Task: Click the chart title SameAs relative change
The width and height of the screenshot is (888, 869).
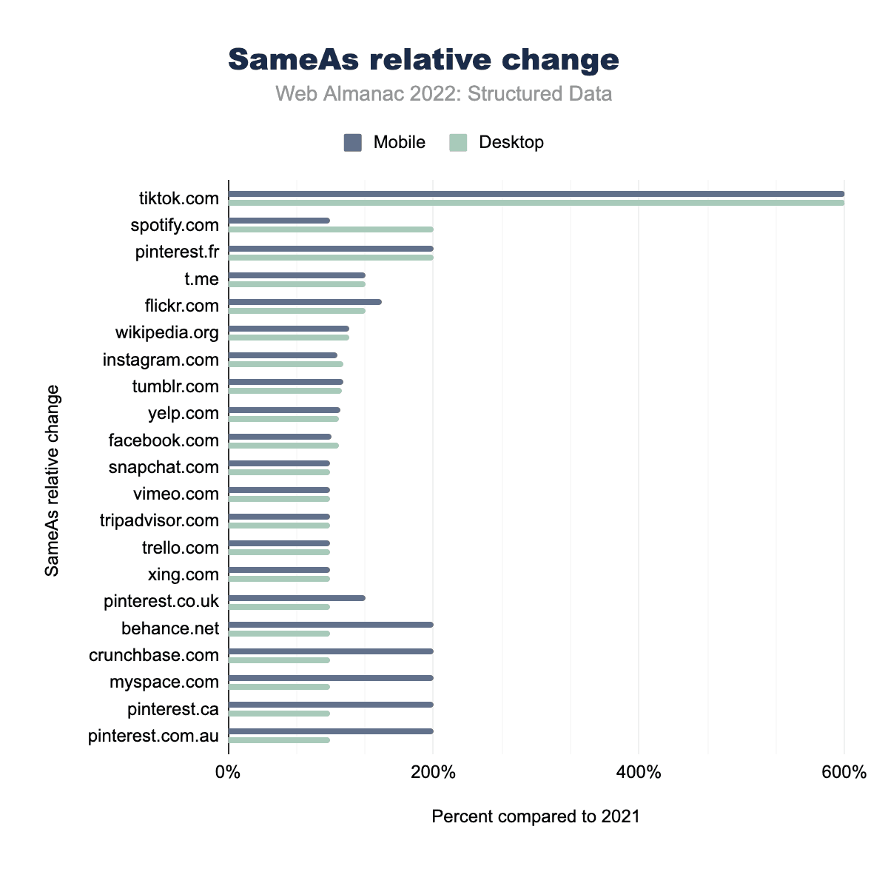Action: tap(423, 60)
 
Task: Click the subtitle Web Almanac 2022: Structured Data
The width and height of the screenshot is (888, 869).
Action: tap(443, 94)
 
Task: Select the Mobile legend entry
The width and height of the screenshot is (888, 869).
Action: tap(385, 142)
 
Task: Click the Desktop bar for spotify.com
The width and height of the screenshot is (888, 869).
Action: tap(331, 229)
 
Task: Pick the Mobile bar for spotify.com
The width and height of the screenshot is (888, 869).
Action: tap(279, 221)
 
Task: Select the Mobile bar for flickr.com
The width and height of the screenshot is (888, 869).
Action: tap(305, 301)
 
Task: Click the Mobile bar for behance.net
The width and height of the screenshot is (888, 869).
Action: tap(331, 625)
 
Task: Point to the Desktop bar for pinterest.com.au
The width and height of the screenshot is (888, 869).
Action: tap(279, 740)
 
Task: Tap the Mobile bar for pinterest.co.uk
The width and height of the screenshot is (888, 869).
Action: tap(297, 598)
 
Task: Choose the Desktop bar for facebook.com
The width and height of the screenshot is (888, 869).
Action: tap(283, 446)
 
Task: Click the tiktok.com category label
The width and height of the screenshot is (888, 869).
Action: tap(179, 198)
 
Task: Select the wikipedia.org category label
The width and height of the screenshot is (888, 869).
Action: tap(167, 332)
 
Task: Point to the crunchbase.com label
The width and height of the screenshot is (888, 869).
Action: tap(154, 655)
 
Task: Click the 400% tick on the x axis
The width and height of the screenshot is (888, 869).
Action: tap(639, 774)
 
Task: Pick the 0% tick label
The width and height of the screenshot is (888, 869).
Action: tap(228, 774)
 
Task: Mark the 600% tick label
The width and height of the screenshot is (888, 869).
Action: tap(844, 774)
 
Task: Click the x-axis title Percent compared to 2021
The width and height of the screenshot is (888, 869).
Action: tap(535, 816)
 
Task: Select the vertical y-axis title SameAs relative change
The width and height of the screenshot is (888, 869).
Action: tap(52, 480)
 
